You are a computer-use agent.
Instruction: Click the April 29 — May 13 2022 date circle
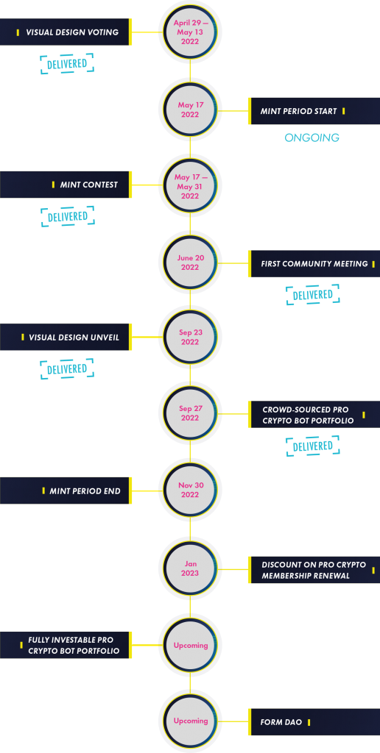190,32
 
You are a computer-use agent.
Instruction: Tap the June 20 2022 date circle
190,263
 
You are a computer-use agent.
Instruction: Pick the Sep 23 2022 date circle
190,337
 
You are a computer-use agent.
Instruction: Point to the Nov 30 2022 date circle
190,490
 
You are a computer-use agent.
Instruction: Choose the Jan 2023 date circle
190,568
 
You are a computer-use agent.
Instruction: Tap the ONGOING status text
312,138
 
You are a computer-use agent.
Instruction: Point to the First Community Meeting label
314,263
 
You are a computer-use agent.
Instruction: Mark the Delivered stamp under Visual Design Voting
67,64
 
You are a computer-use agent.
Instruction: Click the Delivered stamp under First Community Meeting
312,295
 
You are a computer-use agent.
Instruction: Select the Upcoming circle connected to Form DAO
190,721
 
